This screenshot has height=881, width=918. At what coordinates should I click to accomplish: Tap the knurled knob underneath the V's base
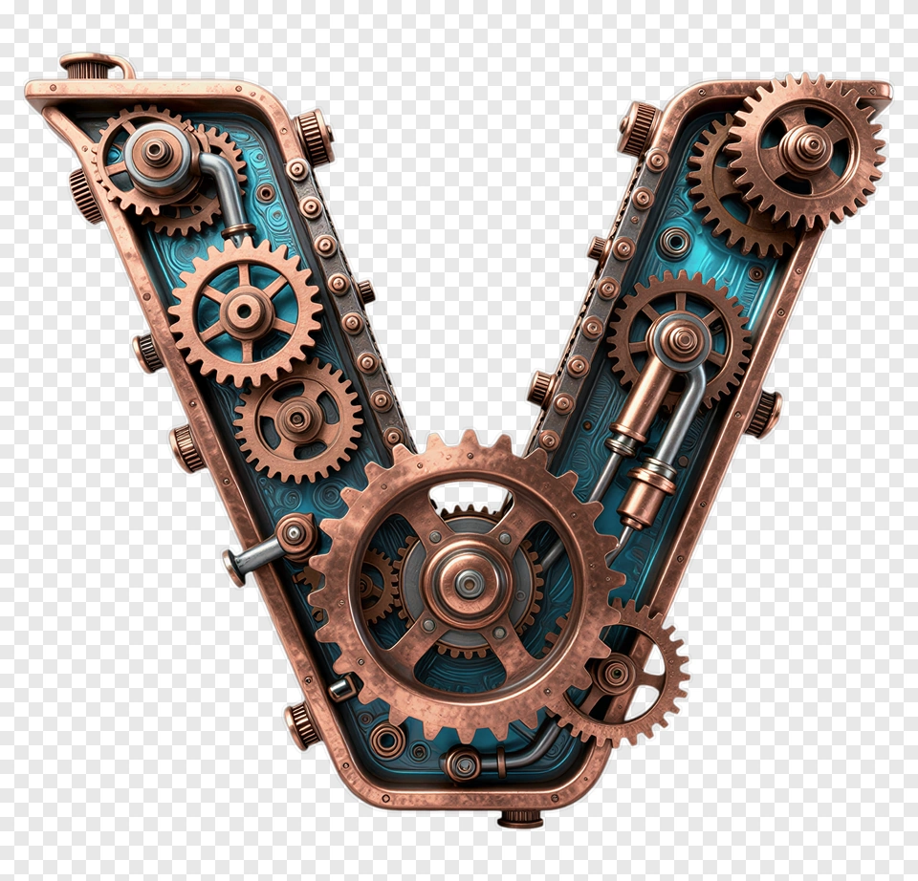[520, 817]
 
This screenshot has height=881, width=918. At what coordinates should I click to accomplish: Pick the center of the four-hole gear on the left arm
[297, 418]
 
